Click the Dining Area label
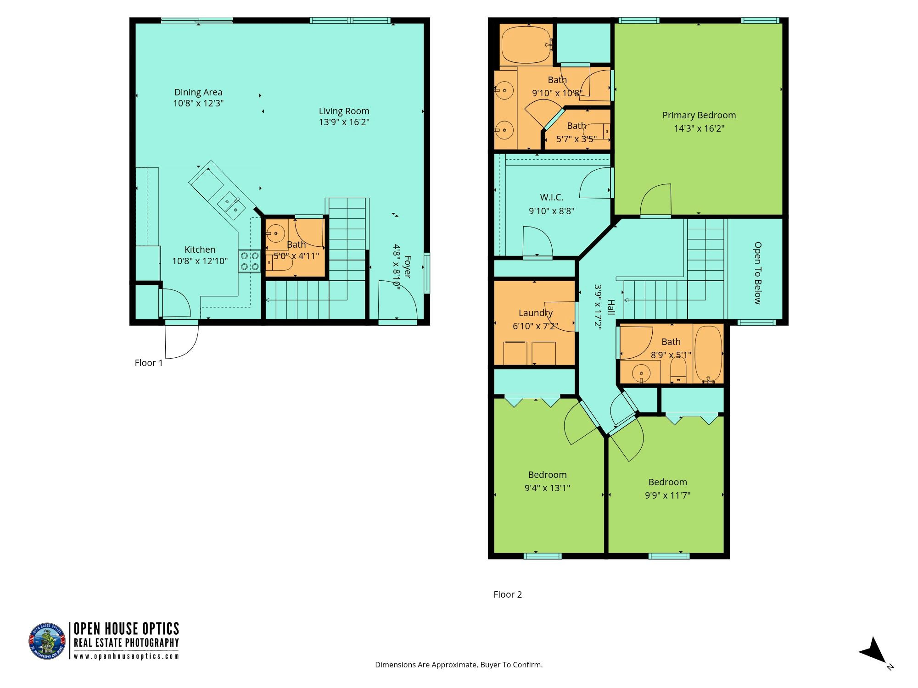pyautogui.click(x=198, y=92)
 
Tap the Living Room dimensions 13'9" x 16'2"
pyautogui.click(x=344, y=122)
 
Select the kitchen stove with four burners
pyautogui.click(x=249, y=261)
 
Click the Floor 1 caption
pyautogui.click(x=149, y=363)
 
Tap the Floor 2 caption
pyautogui.click(x=508, y=594)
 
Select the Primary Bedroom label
pyautogui.click(x=699, y=115)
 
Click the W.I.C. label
pyautogui.click(x=552, y=197)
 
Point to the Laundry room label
pyautogui.click(x=536, y=313)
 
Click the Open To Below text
pyautogui.click(x=757, y=273)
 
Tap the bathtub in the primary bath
pyautogui.click(x=526, y=45)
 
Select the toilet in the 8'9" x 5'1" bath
pyautogui.click(x=678, y=370)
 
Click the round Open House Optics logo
pyautogui.click(x=47, y=641)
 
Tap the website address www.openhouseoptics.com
pyautogui.click(x=126, y=656)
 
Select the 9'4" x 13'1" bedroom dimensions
pyautogui.click(x=547, y=488)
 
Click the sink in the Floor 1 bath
pyautogui.click(x=275, y=233)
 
